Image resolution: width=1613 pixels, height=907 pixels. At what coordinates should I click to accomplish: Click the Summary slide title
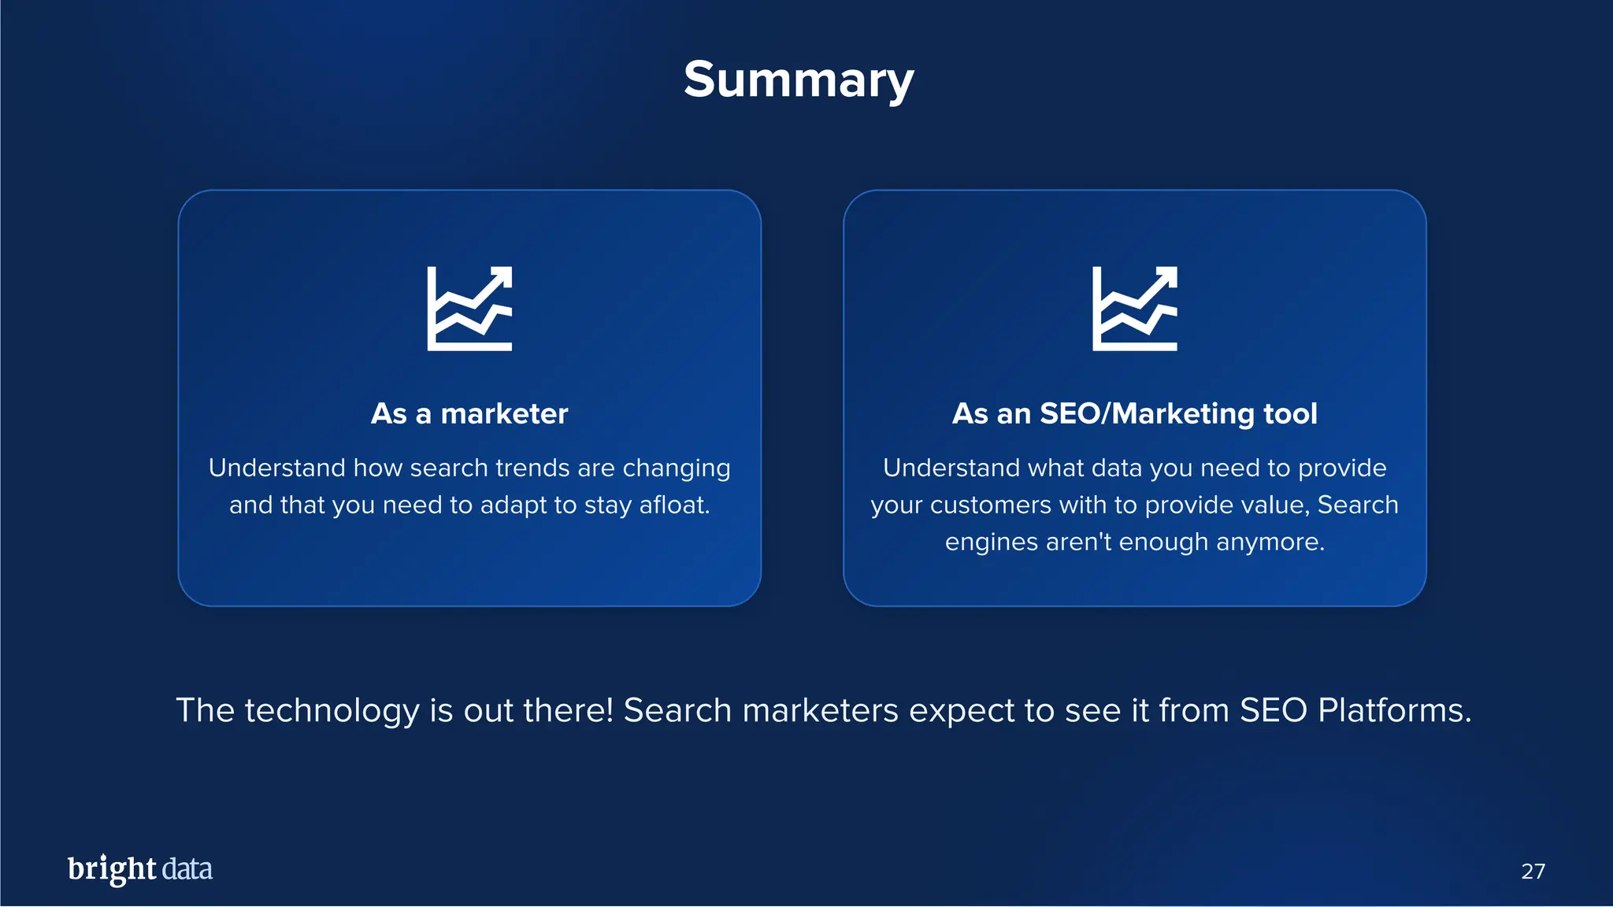799,80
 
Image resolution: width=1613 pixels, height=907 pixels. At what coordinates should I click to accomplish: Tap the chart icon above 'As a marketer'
469,309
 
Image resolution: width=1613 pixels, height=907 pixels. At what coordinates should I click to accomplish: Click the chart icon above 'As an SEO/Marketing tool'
1134,309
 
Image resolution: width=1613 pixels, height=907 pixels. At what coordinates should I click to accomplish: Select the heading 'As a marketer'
469,414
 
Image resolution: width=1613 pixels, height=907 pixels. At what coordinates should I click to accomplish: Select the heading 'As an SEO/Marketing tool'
1134,414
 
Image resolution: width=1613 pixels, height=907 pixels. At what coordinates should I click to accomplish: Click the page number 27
1533,871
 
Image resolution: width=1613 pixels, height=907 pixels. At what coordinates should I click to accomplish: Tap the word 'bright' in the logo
112,869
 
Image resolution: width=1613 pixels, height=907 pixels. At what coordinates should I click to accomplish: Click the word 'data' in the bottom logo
187,869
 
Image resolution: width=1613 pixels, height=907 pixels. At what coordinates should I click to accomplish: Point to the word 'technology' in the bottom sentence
332,711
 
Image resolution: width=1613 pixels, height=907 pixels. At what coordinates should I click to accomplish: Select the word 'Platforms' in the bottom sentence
1394,711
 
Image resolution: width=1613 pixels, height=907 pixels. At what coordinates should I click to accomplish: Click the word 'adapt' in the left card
512,505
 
